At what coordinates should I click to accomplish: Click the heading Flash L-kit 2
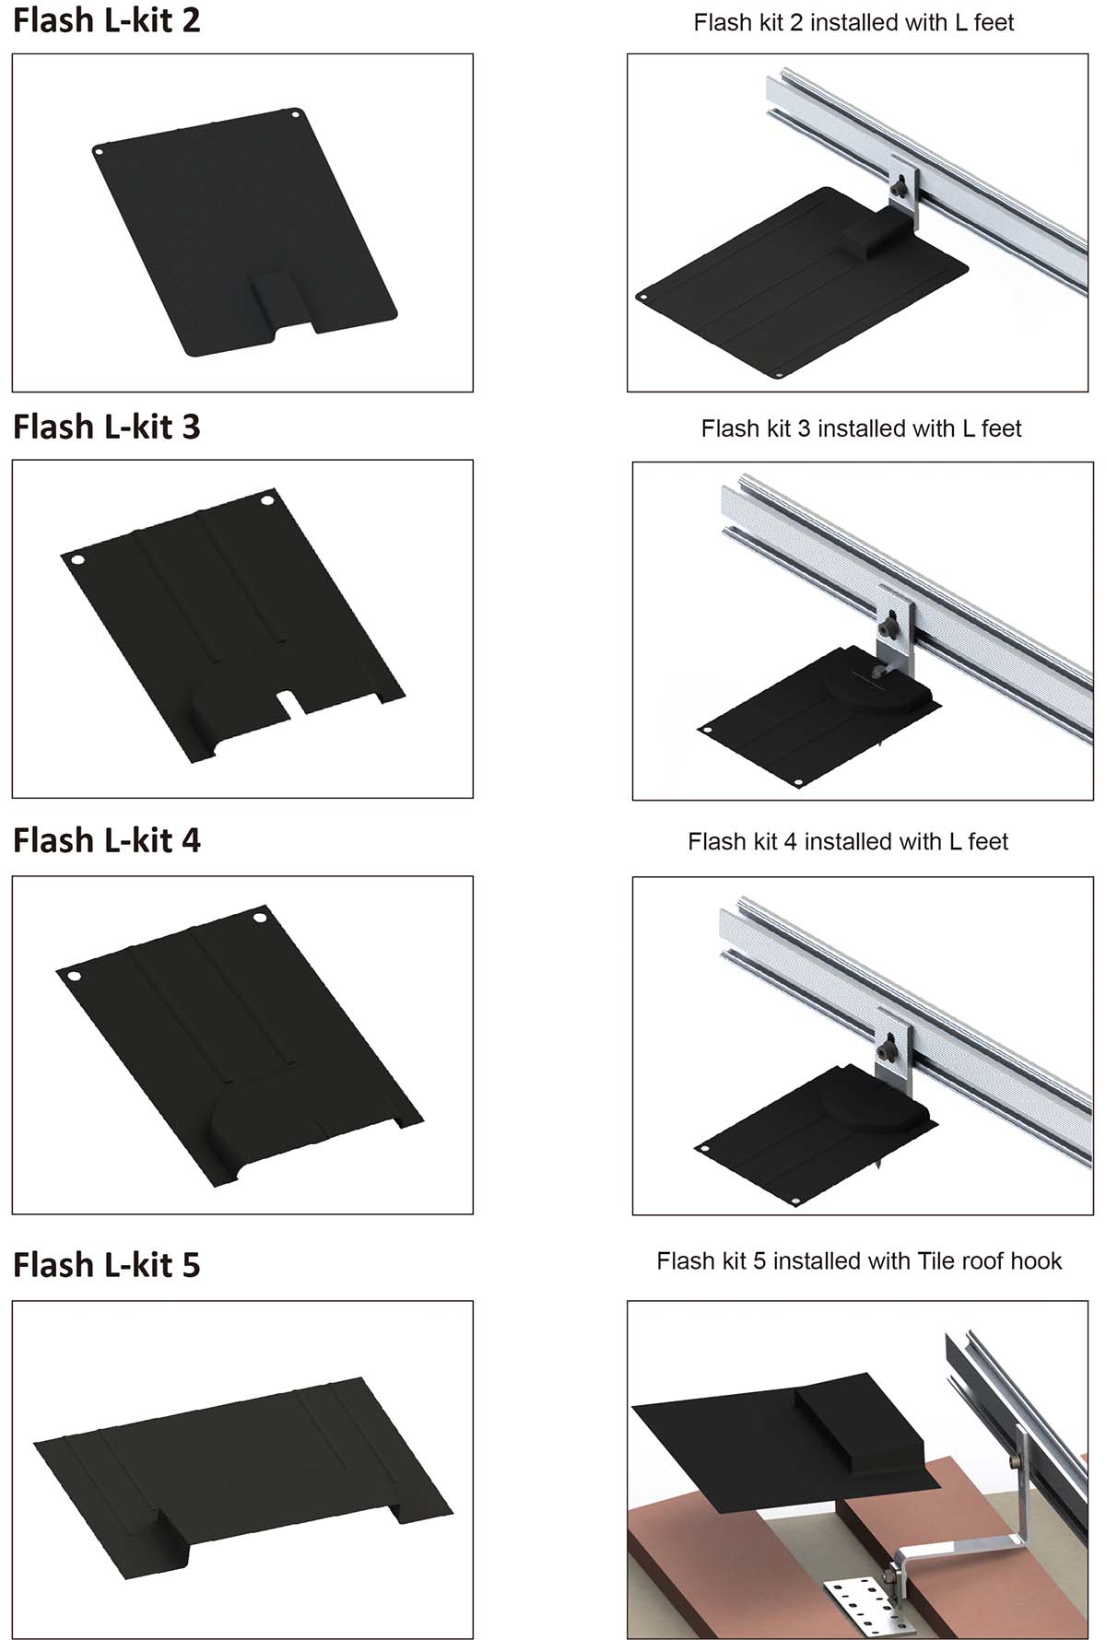106,20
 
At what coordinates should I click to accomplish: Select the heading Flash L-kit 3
106,427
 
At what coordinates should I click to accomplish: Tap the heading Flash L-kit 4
106,840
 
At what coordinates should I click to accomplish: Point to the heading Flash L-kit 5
106,1265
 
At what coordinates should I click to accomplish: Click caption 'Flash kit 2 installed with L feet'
853,22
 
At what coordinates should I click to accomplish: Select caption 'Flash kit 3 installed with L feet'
861,428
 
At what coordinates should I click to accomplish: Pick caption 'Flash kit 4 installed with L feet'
848,841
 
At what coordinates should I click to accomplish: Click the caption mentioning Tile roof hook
859,1260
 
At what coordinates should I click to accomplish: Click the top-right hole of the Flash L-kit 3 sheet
267,500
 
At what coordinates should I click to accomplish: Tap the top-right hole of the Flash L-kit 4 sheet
259,918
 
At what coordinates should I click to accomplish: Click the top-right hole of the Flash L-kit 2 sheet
295,115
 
